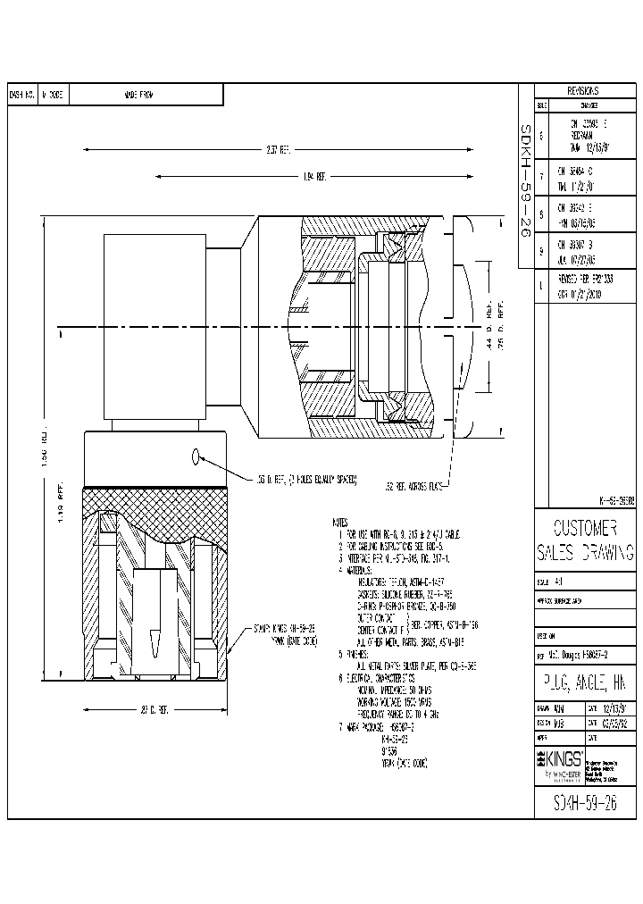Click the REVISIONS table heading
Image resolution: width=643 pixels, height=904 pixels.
tap(583, 91)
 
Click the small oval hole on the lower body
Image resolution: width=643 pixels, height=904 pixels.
tap(196, 457)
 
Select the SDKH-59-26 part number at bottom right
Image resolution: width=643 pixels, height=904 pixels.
tap(584, 797)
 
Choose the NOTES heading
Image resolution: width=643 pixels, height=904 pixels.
tap(338, 520)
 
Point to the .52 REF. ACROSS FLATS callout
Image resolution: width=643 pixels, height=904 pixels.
tap(415, 487)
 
